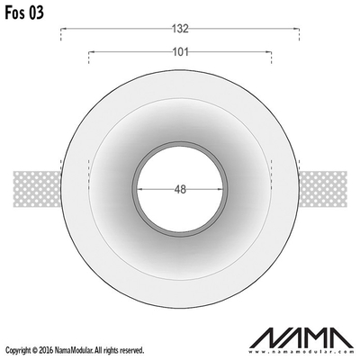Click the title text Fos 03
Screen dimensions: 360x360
coord(24,13)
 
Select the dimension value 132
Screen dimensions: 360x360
coord(180,29)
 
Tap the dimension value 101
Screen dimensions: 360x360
coord(180,52)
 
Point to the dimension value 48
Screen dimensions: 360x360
coord(180,189)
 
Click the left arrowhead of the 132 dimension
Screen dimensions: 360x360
coord(63,29)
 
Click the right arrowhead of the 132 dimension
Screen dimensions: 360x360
coord(297,29)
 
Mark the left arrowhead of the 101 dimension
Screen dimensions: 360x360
coord(91,52)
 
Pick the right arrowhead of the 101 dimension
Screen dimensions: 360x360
coord(269,52)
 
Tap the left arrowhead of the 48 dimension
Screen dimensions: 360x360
coord(139,189)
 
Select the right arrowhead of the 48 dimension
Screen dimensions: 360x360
coord(220,189)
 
